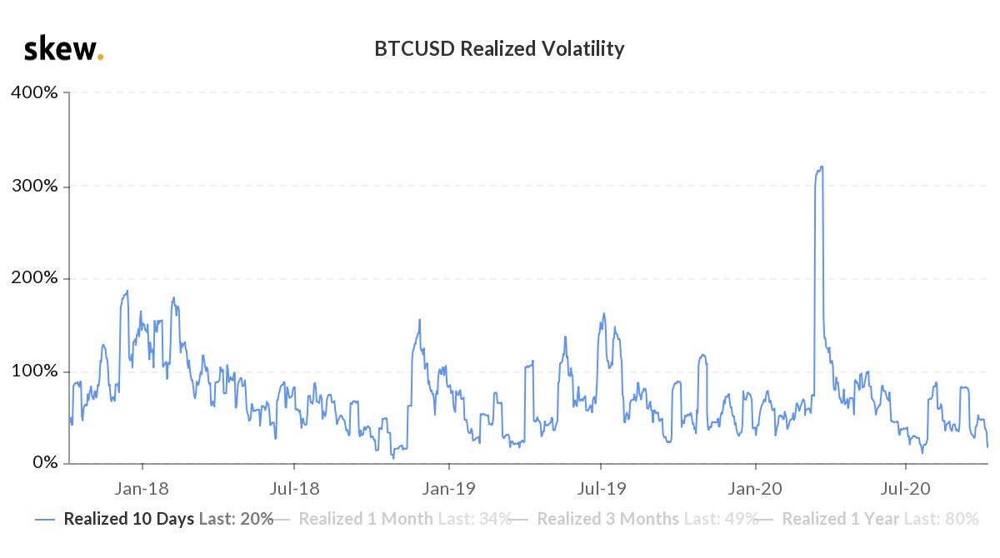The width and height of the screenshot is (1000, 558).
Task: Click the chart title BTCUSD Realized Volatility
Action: [500, 49]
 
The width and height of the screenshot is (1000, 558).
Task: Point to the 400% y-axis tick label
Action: [34, 92]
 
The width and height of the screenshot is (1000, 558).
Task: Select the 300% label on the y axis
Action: [34, 186]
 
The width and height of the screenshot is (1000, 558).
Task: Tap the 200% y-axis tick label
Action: [34, 278]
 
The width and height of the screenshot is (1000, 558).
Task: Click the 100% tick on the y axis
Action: [34, 371]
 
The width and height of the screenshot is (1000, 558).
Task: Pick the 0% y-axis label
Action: [41, 463]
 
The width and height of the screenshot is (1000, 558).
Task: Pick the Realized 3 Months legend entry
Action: [647, 519]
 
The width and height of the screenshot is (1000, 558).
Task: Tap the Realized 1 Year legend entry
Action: [879, 519]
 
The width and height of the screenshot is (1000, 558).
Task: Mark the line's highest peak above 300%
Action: [822, 167]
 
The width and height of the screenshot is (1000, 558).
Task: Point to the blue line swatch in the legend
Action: [47, 519]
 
